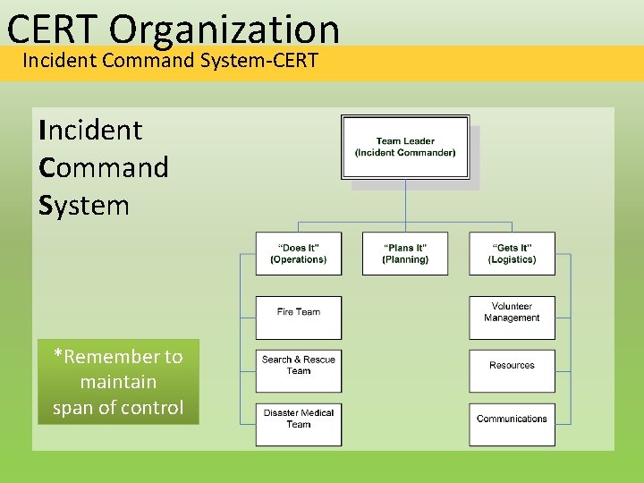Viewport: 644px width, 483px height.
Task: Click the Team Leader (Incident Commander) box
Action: [405, 148]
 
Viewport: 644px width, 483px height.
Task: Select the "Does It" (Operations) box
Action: [299, 254]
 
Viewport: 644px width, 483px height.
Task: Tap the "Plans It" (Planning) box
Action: [405, 254]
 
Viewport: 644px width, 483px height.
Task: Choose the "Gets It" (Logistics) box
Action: [512, 254]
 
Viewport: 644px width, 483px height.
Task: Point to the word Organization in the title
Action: [225, 29]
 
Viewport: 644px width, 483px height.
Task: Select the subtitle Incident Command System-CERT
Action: [170, 62]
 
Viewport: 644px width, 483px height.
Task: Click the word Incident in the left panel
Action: [90, 131]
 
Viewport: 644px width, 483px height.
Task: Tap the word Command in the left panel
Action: [104, 168]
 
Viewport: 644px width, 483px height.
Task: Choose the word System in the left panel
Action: [84, 206]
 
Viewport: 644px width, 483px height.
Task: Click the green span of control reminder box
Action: [117, 382]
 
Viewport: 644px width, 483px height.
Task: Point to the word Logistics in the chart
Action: [513, 260]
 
